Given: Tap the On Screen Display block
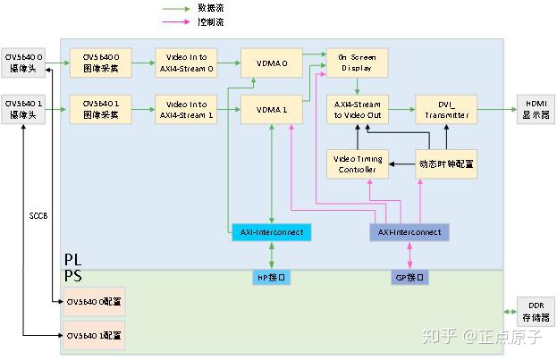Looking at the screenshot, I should [357, 61].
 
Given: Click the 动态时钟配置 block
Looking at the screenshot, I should [445, 163].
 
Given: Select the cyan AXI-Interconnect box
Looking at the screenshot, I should [271, 232].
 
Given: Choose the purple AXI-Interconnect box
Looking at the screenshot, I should [409, 232].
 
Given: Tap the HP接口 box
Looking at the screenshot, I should [271, 277].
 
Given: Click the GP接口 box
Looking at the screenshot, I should [409, 277].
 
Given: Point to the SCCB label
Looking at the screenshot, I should [38, 215].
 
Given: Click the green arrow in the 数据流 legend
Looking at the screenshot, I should [176, 8].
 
